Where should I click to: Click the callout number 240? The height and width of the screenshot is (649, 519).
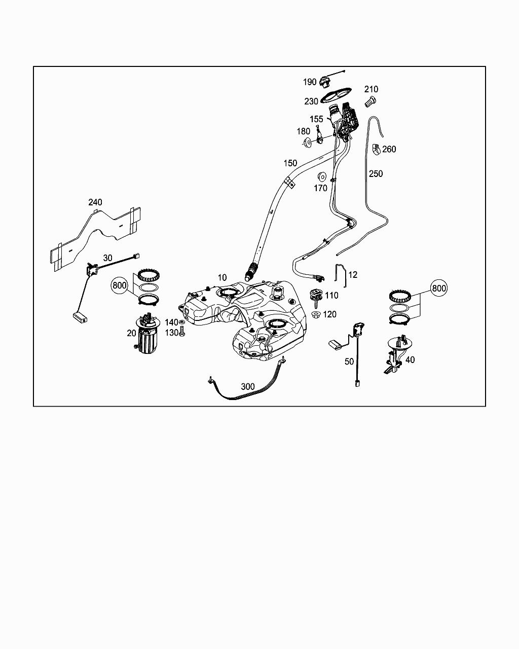(x=95, y=202)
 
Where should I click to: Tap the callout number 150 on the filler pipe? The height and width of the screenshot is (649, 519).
(x=290, y=163)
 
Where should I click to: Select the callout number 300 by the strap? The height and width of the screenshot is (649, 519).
(x=248, y=386)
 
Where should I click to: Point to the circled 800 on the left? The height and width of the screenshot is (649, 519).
(x=120, y=285)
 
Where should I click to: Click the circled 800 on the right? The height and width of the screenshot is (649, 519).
(x=439, y=288)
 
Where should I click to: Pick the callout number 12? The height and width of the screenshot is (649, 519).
(x=353, y=275)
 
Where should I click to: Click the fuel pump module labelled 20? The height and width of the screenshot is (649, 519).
(x=147, y=335)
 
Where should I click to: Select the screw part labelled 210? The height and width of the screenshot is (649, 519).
(x=370, y=102)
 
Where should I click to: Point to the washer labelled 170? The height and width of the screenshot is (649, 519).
(x=321, y=177)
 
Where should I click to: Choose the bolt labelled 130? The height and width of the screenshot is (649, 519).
(x=182, y=333)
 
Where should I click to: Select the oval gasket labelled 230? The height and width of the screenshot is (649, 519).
(x=336, y=95)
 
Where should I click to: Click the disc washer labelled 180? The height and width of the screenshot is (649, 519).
(x=307, y=143)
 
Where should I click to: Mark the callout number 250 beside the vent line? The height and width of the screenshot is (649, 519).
(x=376, y=173)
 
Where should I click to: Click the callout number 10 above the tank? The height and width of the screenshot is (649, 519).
(x=223, y=277)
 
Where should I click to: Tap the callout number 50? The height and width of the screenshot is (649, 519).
(x=349, y=362)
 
